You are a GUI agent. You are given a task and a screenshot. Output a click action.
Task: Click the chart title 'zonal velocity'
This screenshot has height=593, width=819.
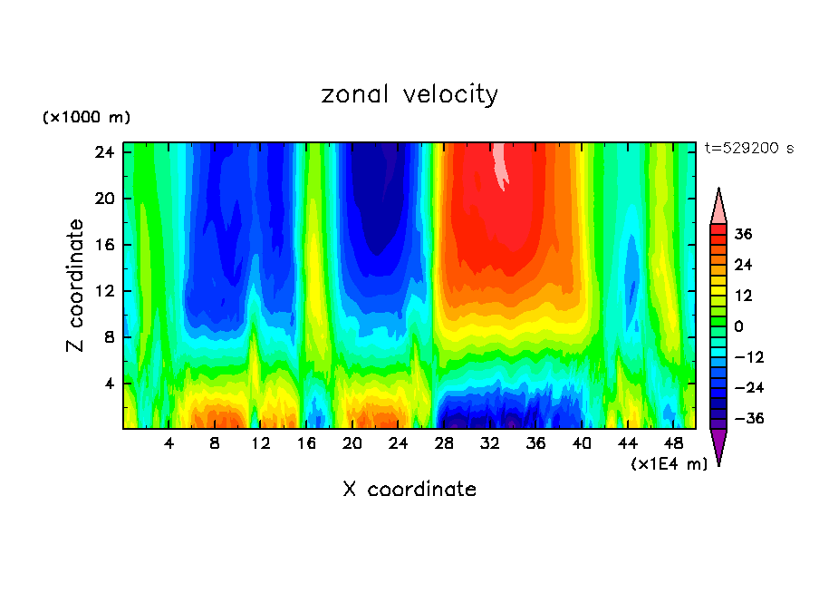[409, 94]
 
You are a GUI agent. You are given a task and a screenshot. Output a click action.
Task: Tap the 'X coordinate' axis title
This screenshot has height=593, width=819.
[409, 490]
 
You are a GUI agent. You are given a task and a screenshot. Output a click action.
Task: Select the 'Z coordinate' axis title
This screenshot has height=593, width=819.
[76, 286]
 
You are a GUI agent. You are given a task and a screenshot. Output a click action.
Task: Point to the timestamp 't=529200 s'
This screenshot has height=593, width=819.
[748, 149]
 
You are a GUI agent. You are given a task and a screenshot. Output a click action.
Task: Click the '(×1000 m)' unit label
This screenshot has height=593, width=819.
[86, 118]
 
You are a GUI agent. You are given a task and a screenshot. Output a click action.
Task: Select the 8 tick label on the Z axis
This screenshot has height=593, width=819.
[107, 337]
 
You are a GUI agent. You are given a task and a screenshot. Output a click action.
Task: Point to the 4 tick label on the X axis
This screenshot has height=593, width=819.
[169, 443]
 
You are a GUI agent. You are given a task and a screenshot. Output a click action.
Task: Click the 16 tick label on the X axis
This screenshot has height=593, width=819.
[307, 443]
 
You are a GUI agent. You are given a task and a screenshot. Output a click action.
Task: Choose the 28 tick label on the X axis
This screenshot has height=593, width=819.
[445, 443]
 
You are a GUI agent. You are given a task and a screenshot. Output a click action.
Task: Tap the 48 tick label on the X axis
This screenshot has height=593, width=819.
[674, 443]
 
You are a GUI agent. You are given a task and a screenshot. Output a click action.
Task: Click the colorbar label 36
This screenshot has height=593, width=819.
[743, 234]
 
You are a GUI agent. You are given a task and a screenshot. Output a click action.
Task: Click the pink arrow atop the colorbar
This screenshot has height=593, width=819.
[718, 208]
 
